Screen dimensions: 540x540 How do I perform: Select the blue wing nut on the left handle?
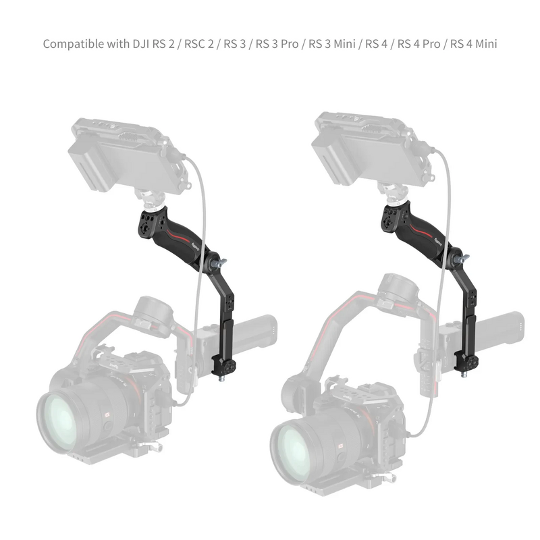click(x=220, y=262)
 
